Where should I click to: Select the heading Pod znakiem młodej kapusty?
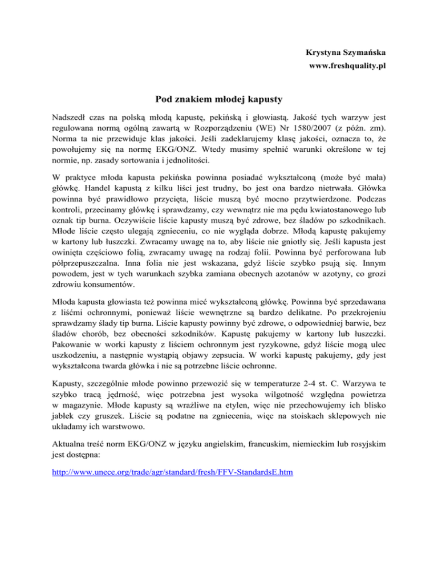219,100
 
